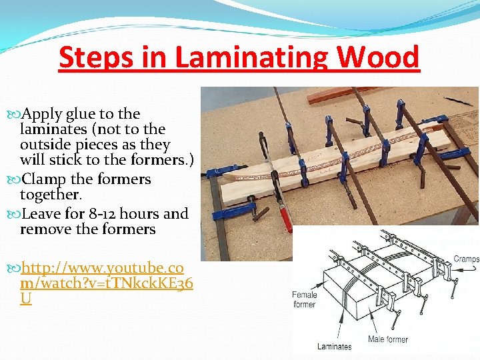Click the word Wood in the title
tap(379, 58)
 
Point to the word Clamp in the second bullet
tap(43, 179)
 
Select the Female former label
tap(304, 299)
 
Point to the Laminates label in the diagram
tap(334, 346)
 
